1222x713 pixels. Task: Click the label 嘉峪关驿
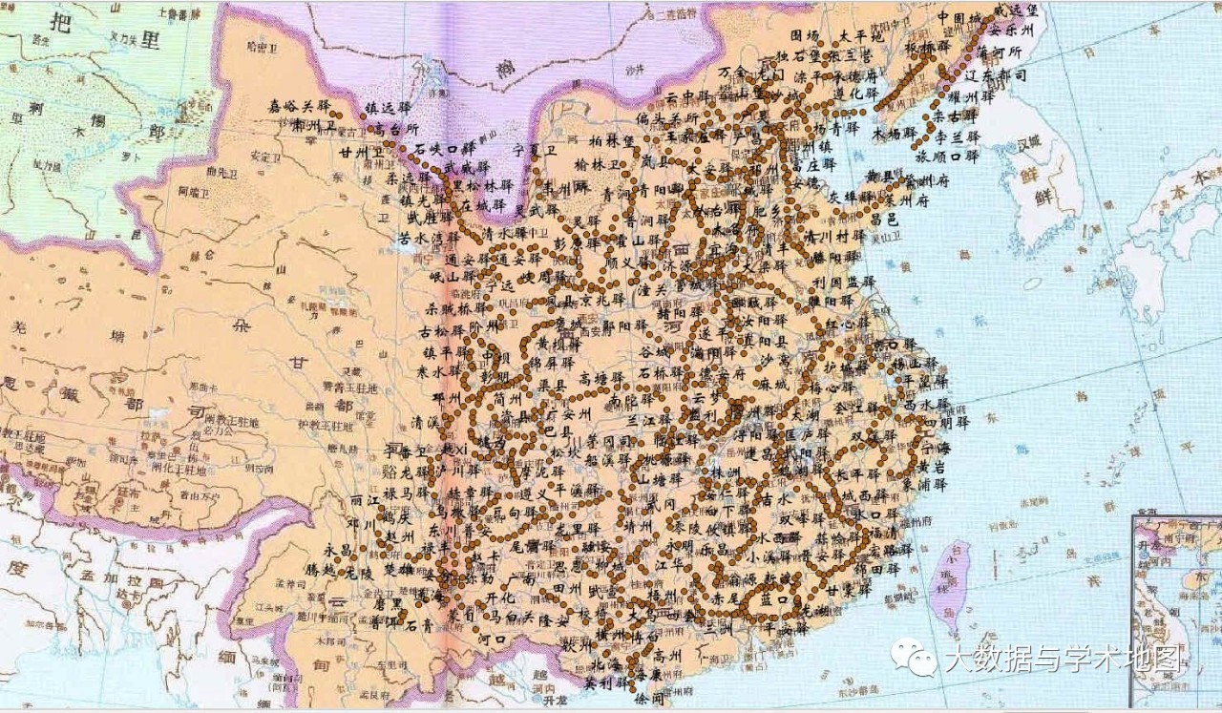click(298, 105)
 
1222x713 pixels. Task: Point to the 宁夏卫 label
click(534, 150)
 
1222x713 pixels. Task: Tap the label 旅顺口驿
click(947, 156)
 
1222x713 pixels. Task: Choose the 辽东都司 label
click(995, 74)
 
